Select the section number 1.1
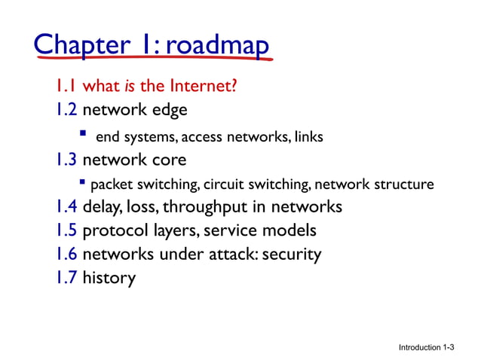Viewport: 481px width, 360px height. (66, 86)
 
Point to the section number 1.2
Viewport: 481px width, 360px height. (66, 110)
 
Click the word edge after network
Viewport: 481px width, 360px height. (167, 110)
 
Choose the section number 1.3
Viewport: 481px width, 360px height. (66, 160)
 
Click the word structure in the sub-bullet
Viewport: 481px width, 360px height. (406, 184)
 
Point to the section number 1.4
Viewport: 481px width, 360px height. (66, 206)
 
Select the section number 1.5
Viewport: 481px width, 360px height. (66, 230)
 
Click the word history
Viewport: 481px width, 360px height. (109, 279)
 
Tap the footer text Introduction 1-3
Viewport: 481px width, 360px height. (427, 347)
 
